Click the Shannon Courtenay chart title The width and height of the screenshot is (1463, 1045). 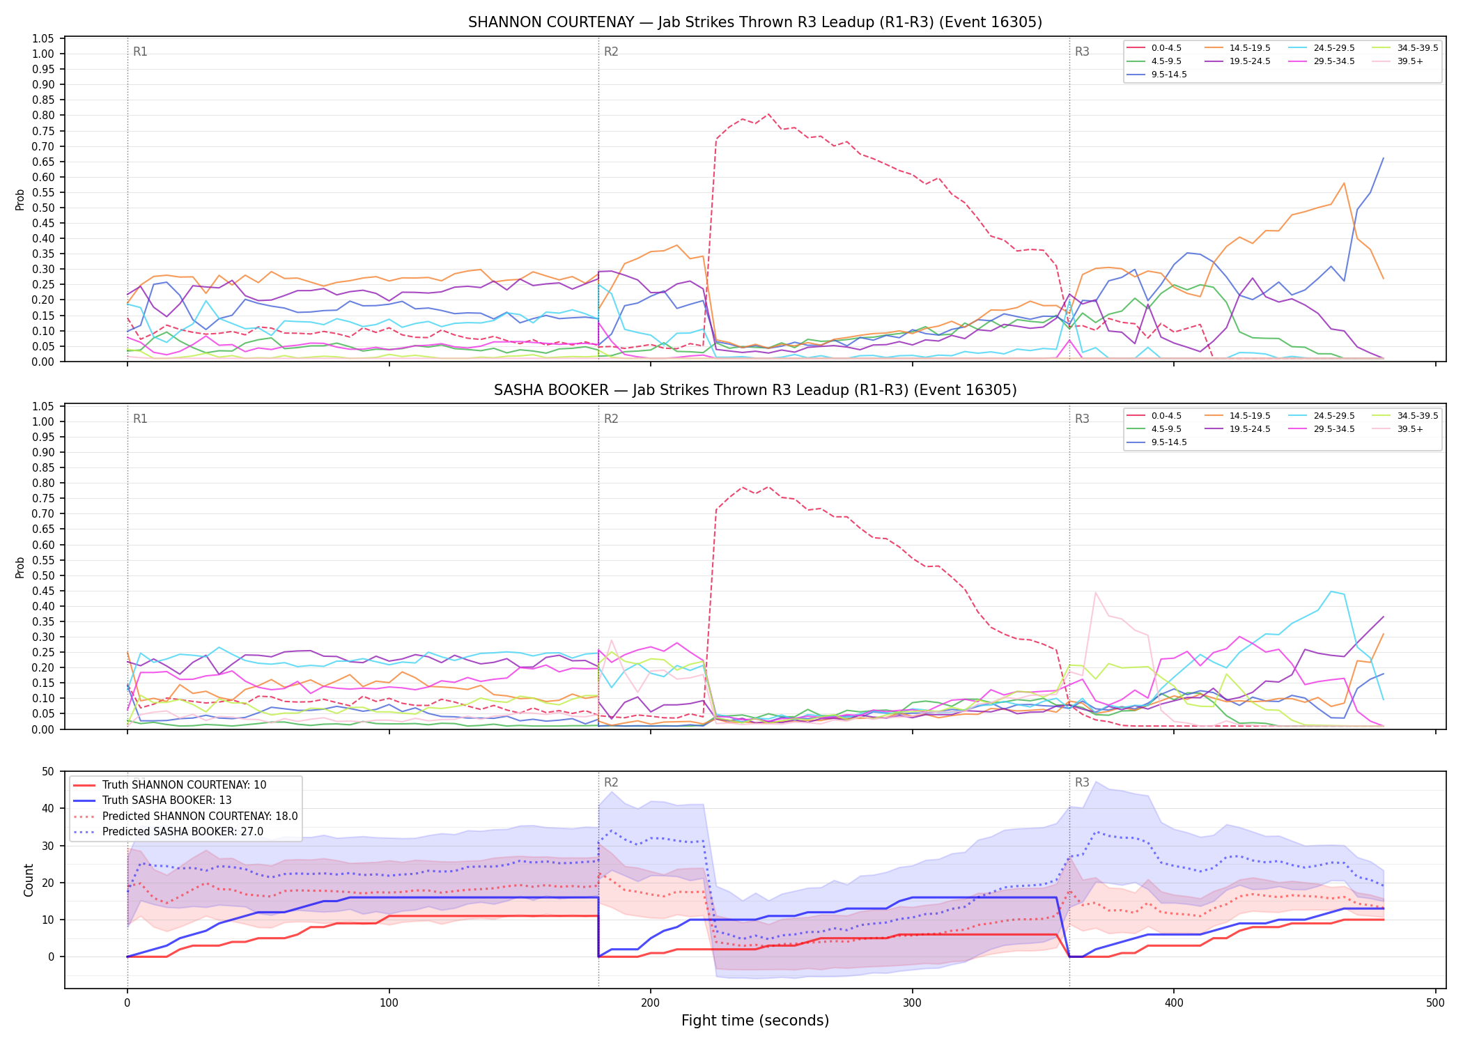point(755,22)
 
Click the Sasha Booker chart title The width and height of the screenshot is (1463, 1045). point(755,390)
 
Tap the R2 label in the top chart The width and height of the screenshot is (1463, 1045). point(611,52)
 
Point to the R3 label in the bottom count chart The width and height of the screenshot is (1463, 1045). point(1082,782)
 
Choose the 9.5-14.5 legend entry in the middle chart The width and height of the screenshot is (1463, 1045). point(1157,442)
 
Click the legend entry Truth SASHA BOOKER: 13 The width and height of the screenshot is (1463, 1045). point(153,800)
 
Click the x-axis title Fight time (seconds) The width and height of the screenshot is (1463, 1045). point(755,1021)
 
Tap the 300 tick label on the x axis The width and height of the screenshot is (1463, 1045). point(912,1003)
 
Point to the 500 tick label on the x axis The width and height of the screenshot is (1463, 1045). point(1435,1003)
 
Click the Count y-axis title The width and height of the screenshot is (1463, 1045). point(29,880)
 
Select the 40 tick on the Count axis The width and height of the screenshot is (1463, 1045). point(48,809)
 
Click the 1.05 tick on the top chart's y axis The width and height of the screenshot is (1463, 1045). point(43,38)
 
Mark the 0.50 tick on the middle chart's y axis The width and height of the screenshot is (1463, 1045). point(43,575)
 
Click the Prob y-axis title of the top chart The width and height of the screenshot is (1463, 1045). point(20,200)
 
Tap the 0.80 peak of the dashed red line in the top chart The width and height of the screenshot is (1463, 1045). point(768,114)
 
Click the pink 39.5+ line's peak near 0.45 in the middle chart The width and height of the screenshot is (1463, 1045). point(1096,593)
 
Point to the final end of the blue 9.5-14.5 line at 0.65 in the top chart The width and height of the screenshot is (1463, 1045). point(1383,158)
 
